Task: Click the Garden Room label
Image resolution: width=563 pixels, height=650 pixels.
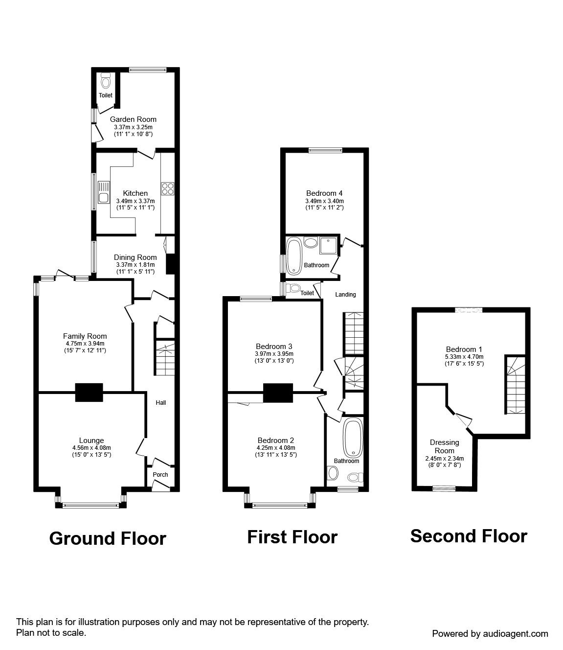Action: point(133,119)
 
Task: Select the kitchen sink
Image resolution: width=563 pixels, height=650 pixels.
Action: point(103,192)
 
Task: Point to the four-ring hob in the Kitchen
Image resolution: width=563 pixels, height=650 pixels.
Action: point(168,188)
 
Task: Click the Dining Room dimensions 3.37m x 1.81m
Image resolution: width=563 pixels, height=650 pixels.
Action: point(135,265)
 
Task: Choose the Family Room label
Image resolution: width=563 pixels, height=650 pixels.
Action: point(85,336)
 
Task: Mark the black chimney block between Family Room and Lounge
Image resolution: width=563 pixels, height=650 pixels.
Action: point(89,393)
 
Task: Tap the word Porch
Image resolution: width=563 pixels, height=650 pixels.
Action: point(160,474)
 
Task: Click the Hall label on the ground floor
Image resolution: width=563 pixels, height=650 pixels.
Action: point(160,402)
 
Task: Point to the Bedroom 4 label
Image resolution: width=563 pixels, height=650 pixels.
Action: point(324,193)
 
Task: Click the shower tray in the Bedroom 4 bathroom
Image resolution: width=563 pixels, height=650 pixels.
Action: point(328,246)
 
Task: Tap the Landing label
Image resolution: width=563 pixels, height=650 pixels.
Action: point(345,294)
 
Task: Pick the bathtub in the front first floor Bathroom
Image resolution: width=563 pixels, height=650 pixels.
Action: point(354,438)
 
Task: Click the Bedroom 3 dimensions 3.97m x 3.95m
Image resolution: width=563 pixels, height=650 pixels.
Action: point(274,354)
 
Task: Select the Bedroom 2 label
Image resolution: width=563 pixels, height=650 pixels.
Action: point(276,440)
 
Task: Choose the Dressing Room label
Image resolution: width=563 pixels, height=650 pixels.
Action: point(445,446)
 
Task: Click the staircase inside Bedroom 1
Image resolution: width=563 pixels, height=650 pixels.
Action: point(515,385)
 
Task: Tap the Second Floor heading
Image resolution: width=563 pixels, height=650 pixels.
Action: point(469,536)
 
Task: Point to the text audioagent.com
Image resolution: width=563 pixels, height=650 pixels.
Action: point(516,634)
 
